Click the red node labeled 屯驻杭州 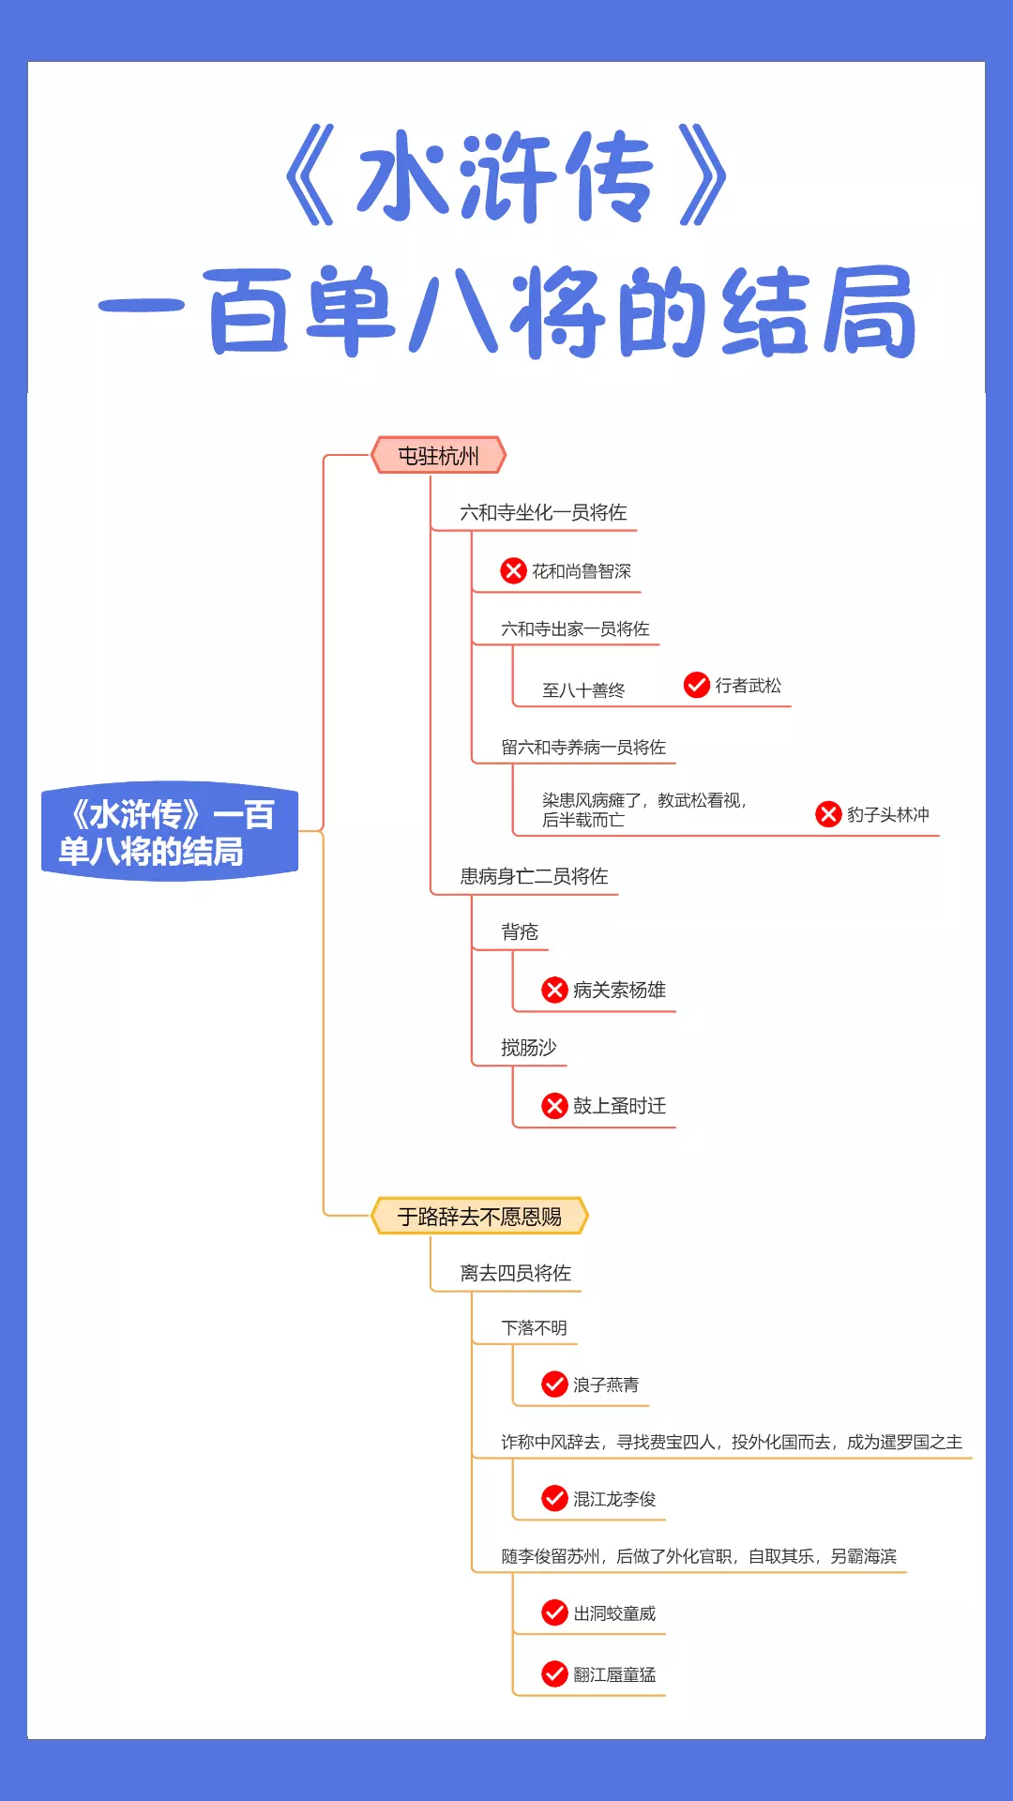[x=438, y=456]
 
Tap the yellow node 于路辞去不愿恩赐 [x=479, y=1217]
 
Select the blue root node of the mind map [x=170, y=832]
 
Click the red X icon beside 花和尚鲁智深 [x=513, y=570]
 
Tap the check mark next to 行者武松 [x=696, y=685]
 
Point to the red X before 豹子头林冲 [x=828, y=813]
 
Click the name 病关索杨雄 [x=619, y=990]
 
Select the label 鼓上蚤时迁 [x=619, y=1105]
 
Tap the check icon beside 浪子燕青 [x=554, y=1384]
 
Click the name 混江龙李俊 [x=614, y=1499]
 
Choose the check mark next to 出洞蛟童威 [x=554, y=1612]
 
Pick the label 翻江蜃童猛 [x=614, y=1674]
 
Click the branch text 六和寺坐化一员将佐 [x=543, y=512]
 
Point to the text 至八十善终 [x=583, y=690]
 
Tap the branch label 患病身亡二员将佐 [x=534, y=876]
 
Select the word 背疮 [x=520, y=931]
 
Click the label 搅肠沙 [x=528, y=1047]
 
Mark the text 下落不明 [x=534, y=1327]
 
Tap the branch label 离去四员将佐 [x=515, y=1273]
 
